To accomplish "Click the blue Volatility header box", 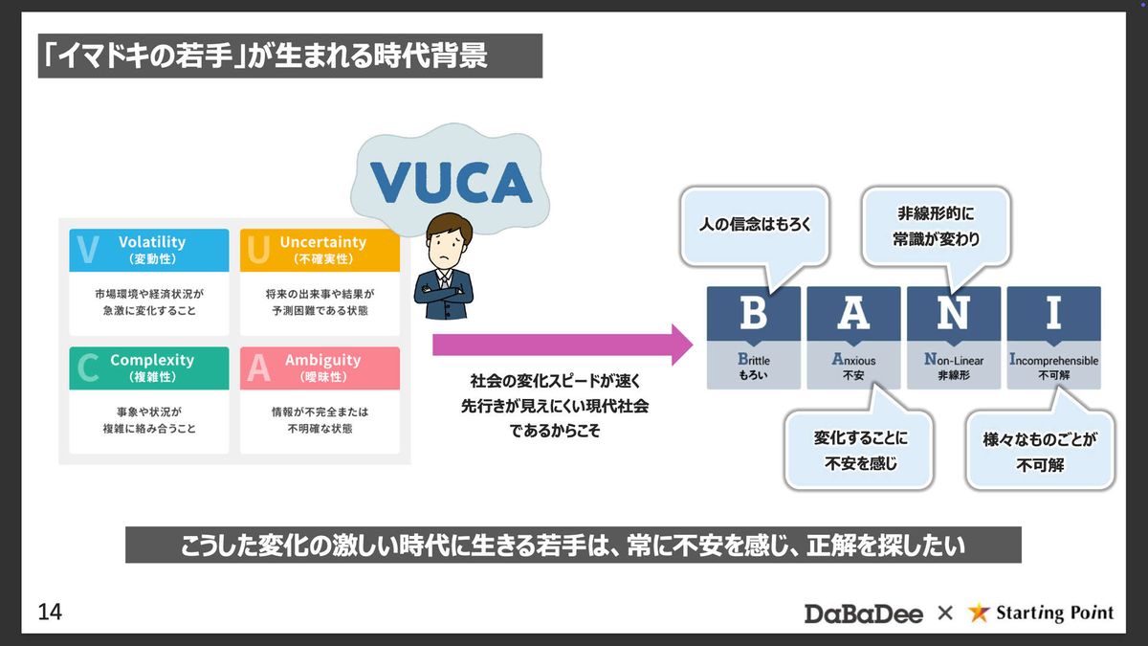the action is coord(149,250).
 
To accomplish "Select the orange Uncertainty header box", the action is coord(320,250).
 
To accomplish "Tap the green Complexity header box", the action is coord(149,368).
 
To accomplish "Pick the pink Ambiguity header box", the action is coord(320,368).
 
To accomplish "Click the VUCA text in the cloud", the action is coord(451,183).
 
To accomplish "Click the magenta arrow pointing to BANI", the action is coord(563,345).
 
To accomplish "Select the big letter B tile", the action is coord(754,314).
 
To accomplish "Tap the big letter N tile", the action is coord(954,314).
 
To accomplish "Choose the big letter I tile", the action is coord(1053,314).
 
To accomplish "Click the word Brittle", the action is coord(754,360).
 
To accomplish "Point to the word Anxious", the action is coord(853,360).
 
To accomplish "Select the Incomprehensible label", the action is coord(1053,360).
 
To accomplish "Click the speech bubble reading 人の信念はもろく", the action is coord(755,227).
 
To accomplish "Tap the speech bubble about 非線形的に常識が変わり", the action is coord(936,227).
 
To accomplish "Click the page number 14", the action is coord(50,613).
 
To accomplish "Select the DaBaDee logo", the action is coord(864,613).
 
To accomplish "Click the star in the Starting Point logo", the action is coord(979,613).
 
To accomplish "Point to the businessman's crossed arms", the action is coord(444,296).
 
